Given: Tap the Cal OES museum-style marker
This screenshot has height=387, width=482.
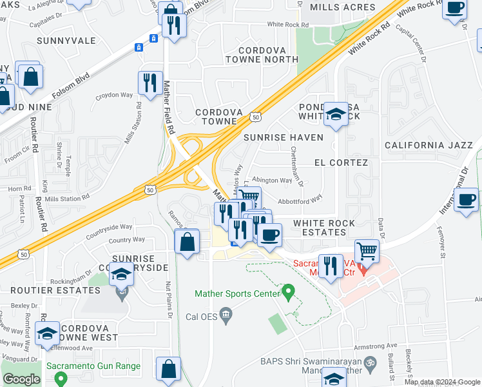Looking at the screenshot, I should [x=226, y=315].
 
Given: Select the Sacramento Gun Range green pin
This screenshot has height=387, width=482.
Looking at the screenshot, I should [x=61, y=377].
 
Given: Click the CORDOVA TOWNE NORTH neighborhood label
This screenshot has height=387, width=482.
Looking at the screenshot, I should [x=268, y=55].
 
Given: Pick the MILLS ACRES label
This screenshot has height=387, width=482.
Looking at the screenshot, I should [x=342, y=7].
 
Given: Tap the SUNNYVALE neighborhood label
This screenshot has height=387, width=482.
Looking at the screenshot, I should [x=66, y=41].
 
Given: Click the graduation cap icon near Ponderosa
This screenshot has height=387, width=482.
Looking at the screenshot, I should [x=336, y=115].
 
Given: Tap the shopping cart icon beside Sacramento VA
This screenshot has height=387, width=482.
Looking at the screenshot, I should [x=367, y=250].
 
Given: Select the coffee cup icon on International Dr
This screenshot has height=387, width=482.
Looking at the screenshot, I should [x=466, y=199].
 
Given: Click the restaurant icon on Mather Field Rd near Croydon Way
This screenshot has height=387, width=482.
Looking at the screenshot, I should [x=150, y=83].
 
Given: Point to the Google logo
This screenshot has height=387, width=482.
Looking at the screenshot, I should [x=21, y=379].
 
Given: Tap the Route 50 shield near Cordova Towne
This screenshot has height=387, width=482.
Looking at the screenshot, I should [x=255, y=117].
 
